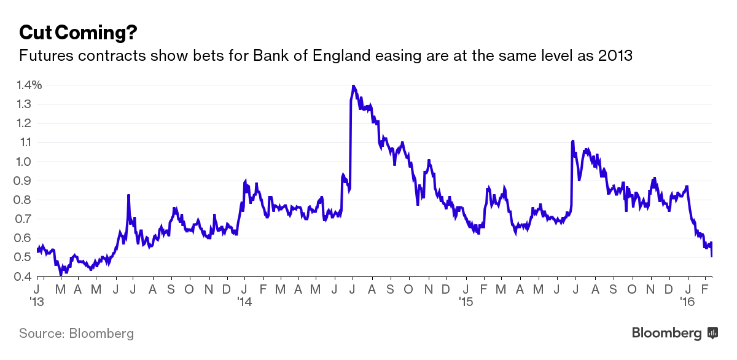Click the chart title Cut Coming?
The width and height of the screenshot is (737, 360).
(x=77, y=32)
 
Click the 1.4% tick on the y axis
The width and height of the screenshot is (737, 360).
(x=30, y=85)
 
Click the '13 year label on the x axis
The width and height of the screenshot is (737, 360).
(x=37, y=302)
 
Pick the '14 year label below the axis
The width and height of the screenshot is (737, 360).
(x=244, y=302)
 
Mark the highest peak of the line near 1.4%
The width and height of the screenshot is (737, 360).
(x=353, y=85)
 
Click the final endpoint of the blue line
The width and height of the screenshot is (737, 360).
(x=712, y=256)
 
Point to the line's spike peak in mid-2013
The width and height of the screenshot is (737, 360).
(x=128, y=195)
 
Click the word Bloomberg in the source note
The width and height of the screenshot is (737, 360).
(x=101, y=334)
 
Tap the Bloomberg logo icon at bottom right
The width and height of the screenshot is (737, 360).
(x=713, y=333)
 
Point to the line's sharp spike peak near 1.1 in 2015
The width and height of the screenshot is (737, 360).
(x=572, y=141)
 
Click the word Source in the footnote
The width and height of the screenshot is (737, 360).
(x=40, y=334)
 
